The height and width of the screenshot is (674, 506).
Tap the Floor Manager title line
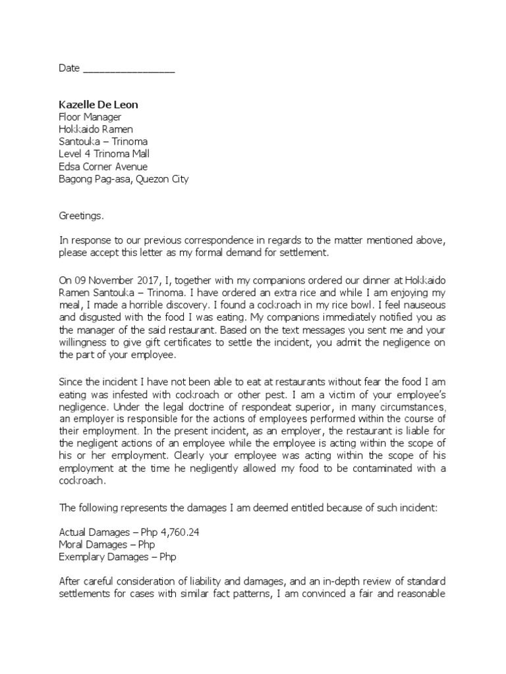[90, 117]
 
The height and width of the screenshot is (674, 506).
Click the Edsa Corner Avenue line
[103, 167]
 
